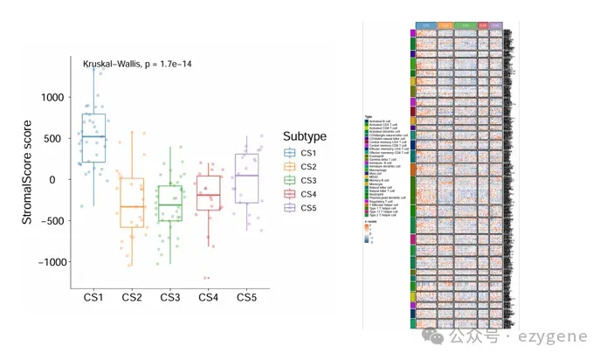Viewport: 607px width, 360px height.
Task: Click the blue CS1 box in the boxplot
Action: point(93,138)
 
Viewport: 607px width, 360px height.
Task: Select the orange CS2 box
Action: point(132,203)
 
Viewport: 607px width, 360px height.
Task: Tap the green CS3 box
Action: point(169,203)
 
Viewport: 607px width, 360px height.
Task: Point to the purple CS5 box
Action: point(246,178)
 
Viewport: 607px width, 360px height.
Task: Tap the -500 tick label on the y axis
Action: point(49,221)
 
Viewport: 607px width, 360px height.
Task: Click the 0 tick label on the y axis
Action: point(60,180)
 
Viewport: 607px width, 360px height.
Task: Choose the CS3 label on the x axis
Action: point(170,298)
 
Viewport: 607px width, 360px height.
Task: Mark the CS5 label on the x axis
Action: point(246,298)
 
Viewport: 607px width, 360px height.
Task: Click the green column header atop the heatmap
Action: point(465,26)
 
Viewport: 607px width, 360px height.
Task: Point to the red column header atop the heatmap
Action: point(483,26)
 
